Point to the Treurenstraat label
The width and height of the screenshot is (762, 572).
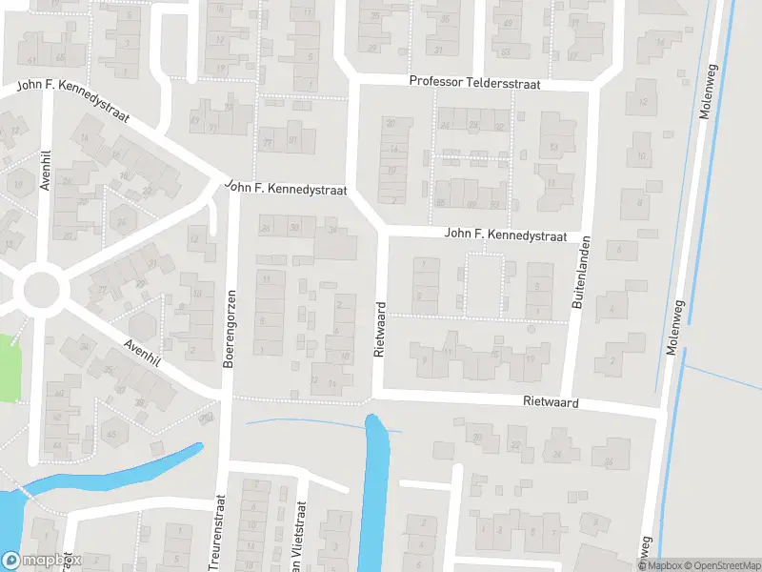point(219,532)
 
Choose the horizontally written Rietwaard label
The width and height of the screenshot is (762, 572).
point(551,403)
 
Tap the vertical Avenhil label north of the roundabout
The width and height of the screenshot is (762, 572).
point(45,171)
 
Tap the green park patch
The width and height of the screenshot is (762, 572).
point(9,367)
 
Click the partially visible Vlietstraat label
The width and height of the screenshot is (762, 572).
point(303,534)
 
